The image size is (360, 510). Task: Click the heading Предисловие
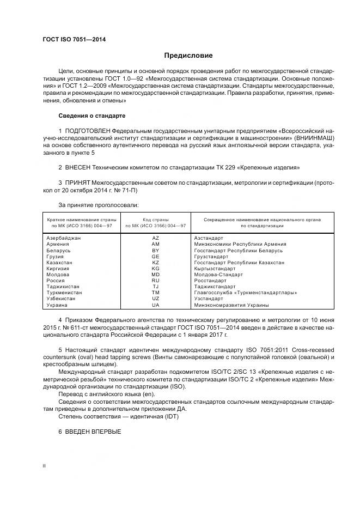tap(188, 56)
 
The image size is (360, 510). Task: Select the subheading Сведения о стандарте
tap(91, 116)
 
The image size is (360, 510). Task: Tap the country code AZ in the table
tap(155, 238)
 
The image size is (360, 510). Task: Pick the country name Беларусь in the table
tap(59, 250)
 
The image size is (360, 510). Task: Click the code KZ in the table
tap(155, 263)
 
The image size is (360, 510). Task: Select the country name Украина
tap(57, 305)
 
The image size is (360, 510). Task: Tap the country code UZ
tap(155, 299)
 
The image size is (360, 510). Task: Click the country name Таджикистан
tap(63, 287)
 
